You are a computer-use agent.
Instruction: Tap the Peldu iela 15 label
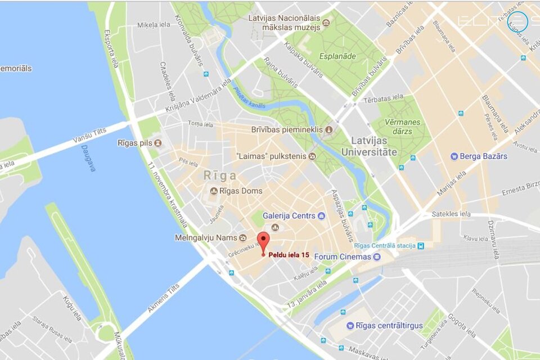tap(289, 255)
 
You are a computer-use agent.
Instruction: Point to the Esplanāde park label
tap(337, 56)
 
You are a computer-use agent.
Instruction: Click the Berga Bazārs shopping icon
tap(454, 156)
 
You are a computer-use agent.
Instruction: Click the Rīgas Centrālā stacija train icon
tap(421, 245)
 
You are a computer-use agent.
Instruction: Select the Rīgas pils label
tap(135, 143)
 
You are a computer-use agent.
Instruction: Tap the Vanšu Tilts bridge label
tap(89, 135)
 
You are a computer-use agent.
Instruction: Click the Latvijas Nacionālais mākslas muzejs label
tap(285, 22)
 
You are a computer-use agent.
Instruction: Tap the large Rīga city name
tap(220, 175)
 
